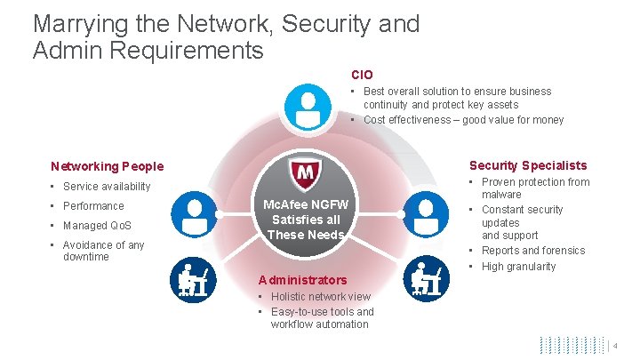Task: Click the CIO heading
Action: pos(362,76)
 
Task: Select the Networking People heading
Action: pos(108,166)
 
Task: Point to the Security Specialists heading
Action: pos(528,165)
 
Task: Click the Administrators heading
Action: pos(302,280)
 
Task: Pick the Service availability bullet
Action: pos(107,187)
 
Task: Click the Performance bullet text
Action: pos(93,206)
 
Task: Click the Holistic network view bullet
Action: pos(320,297)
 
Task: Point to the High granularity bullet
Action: pos(518,267)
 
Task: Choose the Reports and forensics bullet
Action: pos(533,251)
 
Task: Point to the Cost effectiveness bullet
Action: pos(463,120)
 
